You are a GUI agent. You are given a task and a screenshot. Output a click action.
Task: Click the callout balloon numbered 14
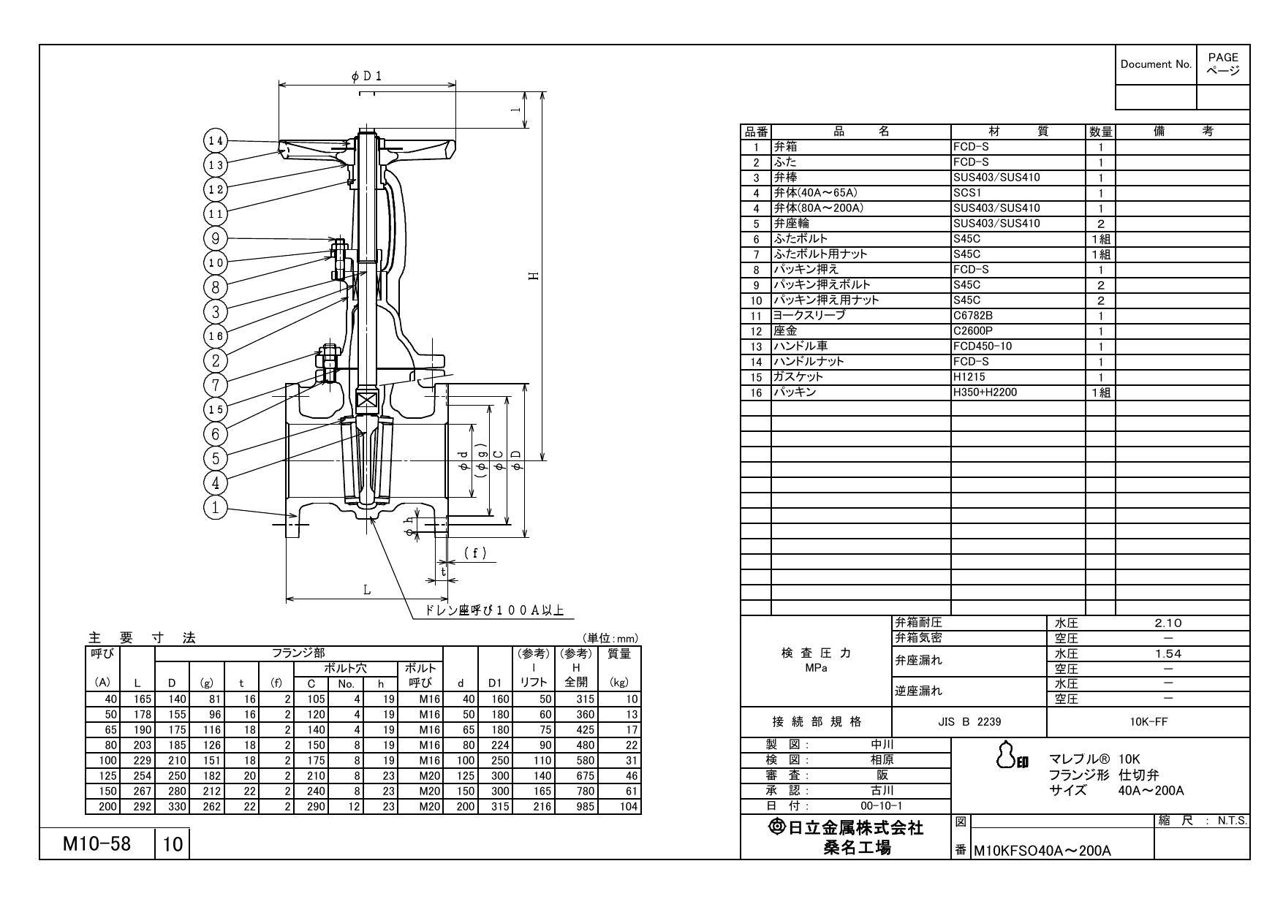pos(215,140)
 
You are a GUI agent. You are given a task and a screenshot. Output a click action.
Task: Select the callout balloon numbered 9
pos(215,238)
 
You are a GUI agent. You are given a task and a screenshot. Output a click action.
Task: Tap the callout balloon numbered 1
pos(215,507)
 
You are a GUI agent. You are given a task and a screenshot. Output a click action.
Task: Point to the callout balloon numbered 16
pos(215,336)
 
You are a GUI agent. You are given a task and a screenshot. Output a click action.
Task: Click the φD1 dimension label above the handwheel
pos(367,76)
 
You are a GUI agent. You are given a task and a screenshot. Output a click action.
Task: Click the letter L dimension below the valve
pos(367,590)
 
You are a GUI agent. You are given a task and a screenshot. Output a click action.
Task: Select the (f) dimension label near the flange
pos(474,553)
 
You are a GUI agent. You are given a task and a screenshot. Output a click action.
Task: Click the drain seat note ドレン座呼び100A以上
pos(494,610)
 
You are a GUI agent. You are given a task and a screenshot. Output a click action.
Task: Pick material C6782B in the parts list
pos(972,316)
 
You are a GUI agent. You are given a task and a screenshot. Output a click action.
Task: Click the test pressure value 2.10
pos(1167,623)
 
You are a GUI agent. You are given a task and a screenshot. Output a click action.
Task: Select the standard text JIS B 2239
pos(969,722)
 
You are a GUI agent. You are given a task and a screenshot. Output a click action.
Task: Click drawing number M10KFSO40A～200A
pos(1042,851)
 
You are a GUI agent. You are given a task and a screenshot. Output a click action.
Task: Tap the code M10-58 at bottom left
pos(96,844)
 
